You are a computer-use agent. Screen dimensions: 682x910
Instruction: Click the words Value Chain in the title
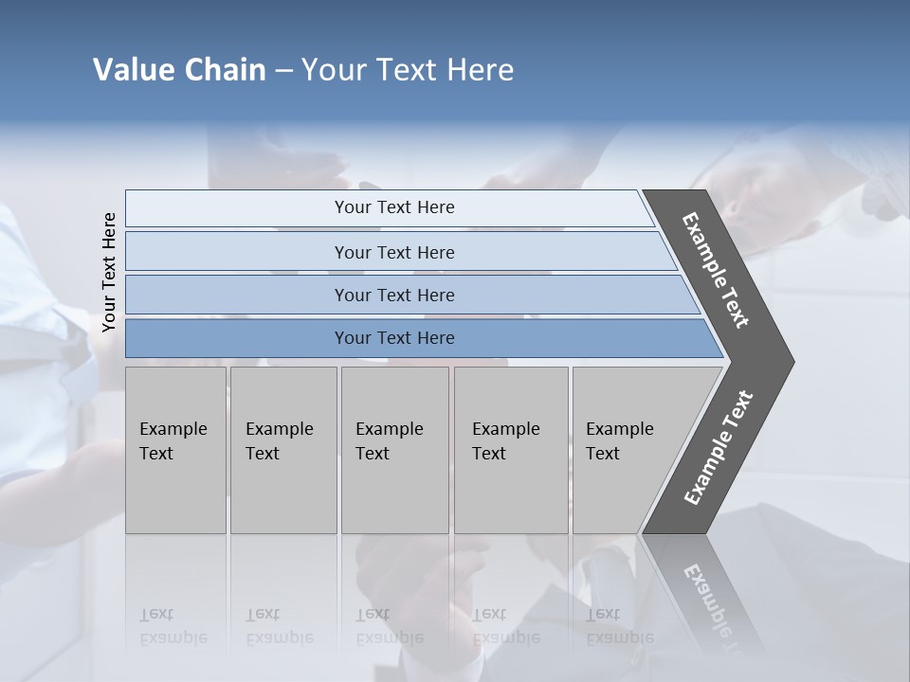[179, 70]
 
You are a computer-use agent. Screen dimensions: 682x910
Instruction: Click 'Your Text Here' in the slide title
[408, 70]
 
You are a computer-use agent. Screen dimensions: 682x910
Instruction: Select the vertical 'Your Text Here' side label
[109, 273]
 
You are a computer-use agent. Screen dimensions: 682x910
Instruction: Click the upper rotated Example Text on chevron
[716, 271]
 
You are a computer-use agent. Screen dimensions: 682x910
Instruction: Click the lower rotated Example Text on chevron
[718, 448]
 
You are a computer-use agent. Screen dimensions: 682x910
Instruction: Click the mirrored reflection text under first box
[173, 626]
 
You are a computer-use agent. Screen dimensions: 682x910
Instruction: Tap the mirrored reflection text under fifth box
[619, 626]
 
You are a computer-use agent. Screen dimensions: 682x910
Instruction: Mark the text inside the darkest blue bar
[394, 338]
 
